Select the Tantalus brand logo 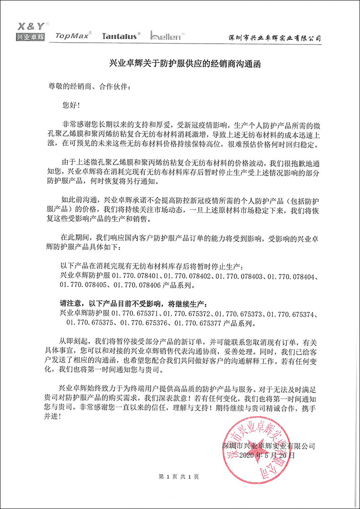120,36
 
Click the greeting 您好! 68,104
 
